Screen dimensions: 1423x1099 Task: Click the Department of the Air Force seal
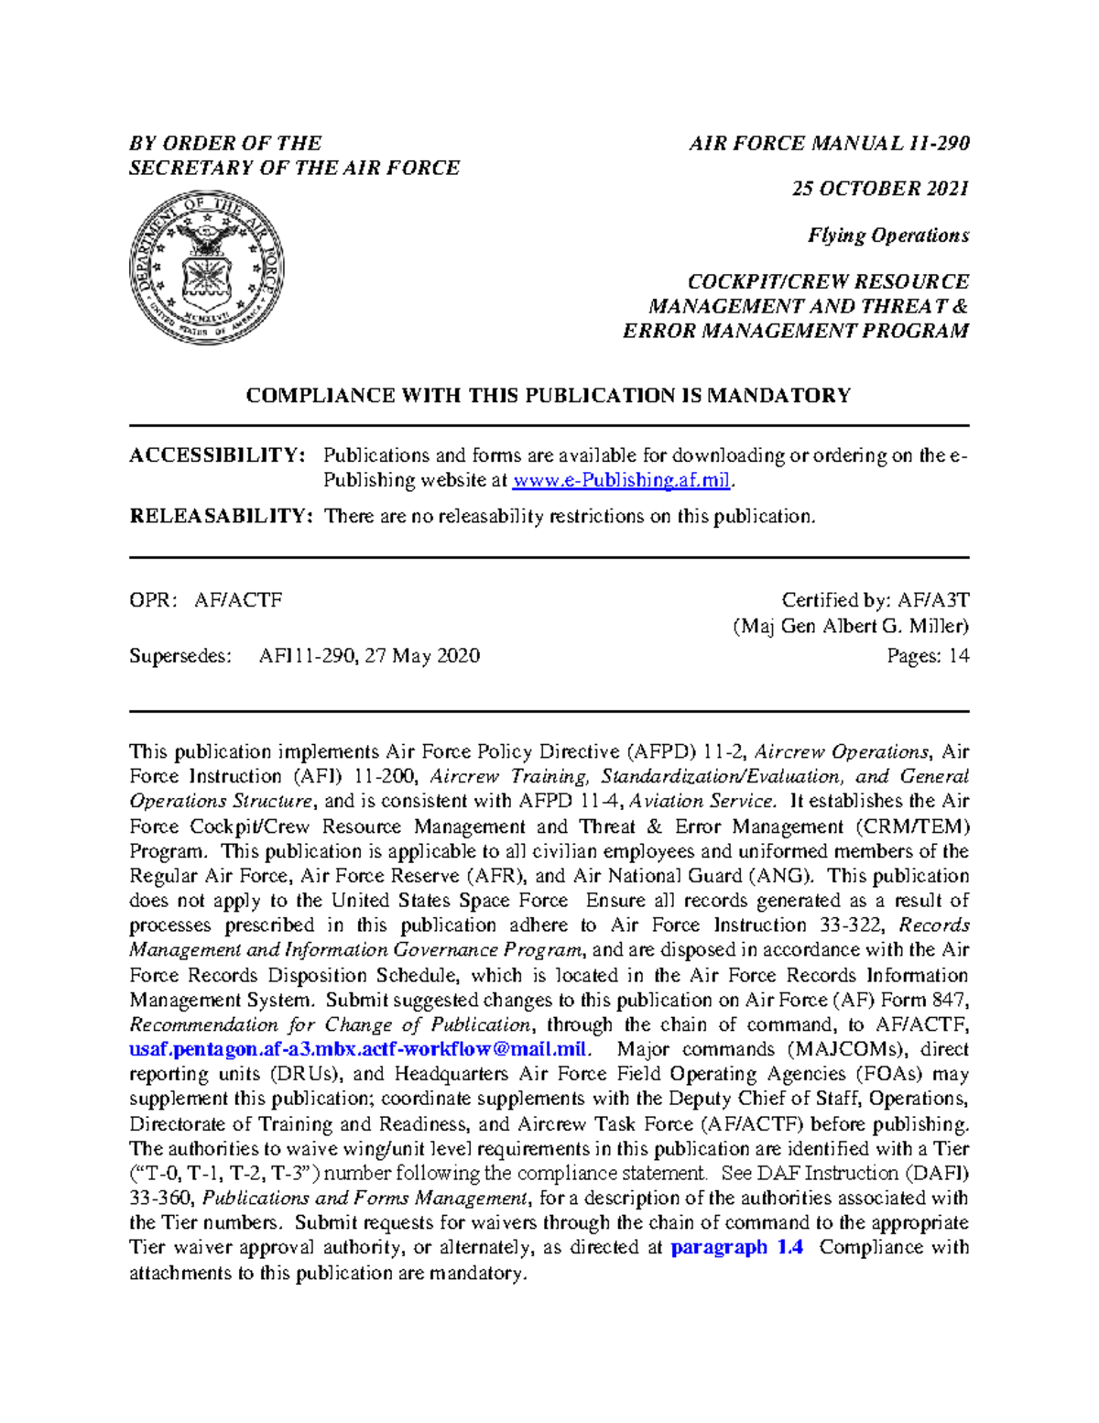(206, 268)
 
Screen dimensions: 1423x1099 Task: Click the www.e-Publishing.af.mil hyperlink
(622, 481)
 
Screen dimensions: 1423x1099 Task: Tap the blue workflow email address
(359, 1050)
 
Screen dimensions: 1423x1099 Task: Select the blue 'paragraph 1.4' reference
(737, 1248)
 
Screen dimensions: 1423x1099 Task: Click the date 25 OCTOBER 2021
(880, 189)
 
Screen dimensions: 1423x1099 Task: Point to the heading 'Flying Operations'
(887, 235)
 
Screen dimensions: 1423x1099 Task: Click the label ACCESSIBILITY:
(217, 455)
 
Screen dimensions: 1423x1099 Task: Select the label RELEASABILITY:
(221, 517)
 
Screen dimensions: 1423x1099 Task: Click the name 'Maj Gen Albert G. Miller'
(851, 627)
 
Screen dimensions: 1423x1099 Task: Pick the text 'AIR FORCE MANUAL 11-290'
(829, 144)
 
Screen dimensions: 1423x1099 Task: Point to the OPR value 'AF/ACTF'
(238, 600)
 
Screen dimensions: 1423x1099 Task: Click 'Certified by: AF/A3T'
(875, 600)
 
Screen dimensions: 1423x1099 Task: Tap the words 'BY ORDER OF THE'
(225, 144)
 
